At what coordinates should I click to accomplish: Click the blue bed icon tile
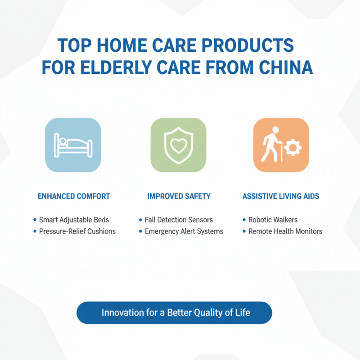click(73, 145)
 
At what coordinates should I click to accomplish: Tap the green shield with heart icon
click(178, 145)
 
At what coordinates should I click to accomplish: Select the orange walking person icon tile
click(281, 145)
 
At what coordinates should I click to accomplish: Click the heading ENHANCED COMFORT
click(74, 196)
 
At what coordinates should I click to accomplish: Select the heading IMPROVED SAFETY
click(179, 196)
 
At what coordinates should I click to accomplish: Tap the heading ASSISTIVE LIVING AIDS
click(281, 196)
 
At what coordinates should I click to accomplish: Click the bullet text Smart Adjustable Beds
click(74, 220)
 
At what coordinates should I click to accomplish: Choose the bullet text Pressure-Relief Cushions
click(77, 231)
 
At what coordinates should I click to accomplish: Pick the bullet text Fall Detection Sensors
click(179, 220)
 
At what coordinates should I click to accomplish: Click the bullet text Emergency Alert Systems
click(184, 231)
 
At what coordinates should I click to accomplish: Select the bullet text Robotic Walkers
click(273, 220)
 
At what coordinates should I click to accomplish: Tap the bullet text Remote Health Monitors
click(285, 231)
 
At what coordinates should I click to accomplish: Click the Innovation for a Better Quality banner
click(175, 313)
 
